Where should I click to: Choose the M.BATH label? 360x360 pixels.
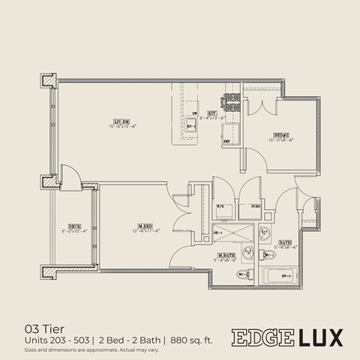pos(227,256)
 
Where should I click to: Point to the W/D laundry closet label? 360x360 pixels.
pos(221,205)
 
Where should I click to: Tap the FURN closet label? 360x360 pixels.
pos(255,205)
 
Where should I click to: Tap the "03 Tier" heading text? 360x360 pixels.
pos(42,328)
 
